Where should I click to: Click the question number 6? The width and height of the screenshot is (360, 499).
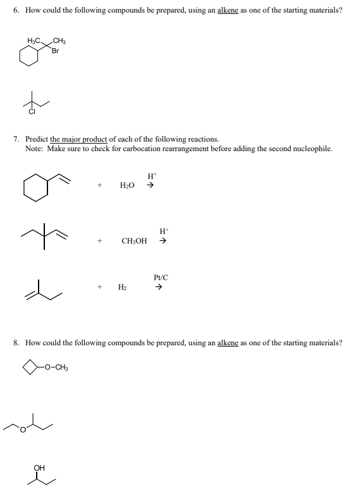coord(15,11)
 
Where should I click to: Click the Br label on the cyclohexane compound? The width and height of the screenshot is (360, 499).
coord(56,51)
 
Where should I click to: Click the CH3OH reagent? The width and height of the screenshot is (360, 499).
coord(133,241)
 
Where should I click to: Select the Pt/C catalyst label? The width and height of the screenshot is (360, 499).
coord(161,277)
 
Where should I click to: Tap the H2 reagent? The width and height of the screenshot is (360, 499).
coord(121,287)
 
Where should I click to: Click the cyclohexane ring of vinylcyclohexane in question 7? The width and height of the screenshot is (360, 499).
coord(35,188)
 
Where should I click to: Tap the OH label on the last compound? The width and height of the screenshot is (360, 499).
coord(40,468)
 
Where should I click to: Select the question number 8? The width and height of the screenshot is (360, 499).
coord(15,343)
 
